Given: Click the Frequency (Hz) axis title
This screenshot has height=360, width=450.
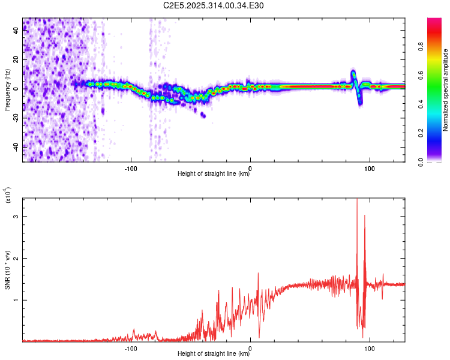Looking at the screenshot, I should point(7,90).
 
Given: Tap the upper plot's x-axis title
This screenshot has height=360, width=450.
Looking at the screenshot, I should point(214,174).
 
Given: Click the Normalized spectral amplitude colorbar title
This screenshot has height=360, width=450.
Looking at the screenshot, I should point(446,90).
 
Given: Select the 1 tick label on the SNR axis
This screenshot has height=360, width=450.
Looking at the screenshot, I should point(15,299).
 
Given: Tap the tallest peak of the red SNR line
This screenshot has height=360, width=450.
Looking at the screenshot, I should point(357,199).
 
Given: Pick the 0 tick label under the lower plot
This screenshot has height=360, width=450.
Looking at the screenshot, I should point(250,347).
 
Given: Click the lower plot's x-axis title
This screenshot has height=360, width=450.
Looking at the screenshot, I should point(214,354).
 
